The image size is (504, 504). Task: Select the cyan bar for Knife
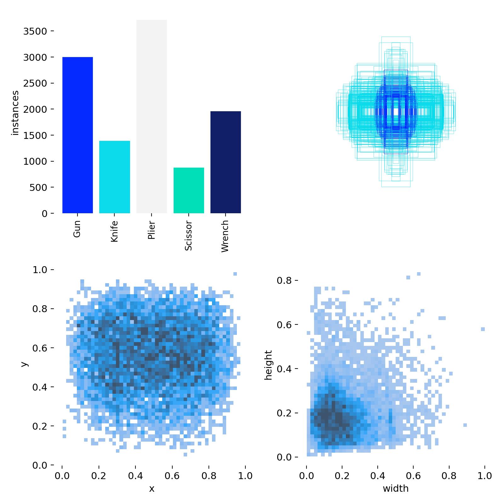[115, 177]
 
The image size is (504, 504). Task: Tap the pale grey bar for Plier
[152, 117]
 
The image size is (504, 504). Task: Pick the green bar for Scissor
[189, 190]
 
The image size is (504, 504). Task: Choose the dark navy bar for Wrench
[226, 162]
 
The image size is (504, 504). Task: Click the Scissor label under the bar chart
[188, 236]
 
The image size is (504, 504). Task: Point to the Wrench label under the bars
[225, 236]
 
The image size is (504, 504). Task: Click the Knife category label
[114, 231]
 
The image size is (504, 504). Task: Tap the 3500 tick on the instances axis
[35, 31]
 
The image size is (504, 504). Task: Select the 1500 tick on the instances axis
[35, 135]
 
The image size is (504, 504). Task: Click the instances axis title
[15, 113]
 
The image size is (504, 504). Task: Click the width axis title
[396, 489]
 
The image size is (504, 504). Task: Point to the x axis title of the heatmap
[152, 489]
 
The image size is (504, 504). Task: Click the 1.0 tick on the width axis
[484, 475]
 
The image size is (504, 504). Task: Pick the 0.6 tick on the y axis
[39, 348]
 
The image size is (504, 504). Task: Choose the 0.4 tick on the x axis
[135, 475]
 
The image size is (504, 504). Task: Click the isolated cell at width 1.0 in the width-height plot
[483, 329]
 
